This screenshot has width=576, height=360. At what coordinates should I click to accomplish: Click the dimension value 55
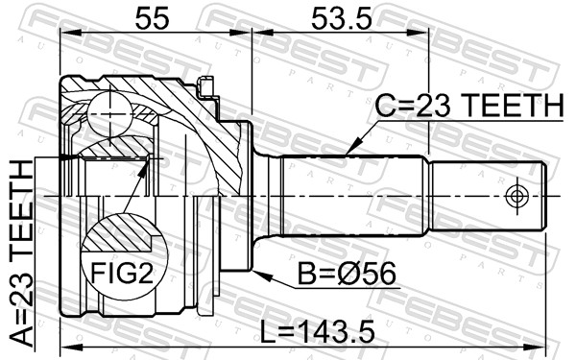[152, 19]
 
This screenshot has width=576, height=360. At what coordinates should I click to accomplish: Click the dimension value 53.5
[341, 19]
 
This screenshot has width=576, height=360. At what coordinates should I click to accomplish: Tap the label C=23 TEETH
[469, 106]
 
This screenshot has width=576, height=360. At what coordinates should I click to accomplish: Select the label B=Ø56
[347, 274]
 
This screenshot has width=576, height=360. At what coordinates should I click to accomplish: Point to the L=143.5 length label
[318, 332]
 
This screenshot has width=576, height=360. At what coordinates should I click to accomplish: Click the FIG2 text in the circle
[122, 274]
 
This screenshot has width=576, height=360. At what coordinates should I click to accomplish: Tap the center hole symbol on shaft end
[516, 196]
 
